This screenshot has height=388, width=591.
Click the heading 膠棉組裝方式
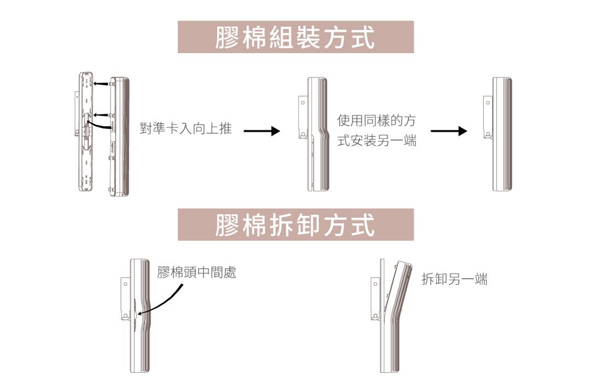click(295, 37)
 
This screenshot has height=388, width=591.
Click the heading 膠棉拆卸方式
click(295, 225)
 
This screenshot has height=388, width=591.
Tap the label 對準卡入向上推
click(186, 128)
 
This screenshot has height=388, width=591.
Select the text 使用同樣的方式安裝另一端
click(376, 131)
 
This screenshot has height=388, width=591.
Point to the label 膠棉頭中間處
click(197, 272)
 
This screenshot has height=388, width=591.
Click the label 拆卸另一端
click(454, 279)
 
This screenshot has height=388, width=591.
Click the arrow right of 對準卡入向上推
click(262, 131)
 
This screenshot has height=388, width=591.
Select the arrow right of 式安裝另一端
click(449, 131)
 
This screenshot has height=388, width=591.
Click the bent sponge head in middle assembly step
click(318, 134)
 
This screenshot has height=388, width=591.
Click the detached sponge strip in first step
click(119, 137)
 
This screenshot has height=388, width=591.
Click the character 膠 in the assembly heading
click(227, 37)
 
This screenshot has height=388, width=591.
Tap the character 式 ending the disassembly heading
click(363, 225)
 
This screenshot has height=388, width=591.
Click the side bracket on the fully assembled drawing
click(488, 117)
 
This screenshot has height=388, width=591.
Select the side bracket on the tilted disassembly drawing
click(375, 299)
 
